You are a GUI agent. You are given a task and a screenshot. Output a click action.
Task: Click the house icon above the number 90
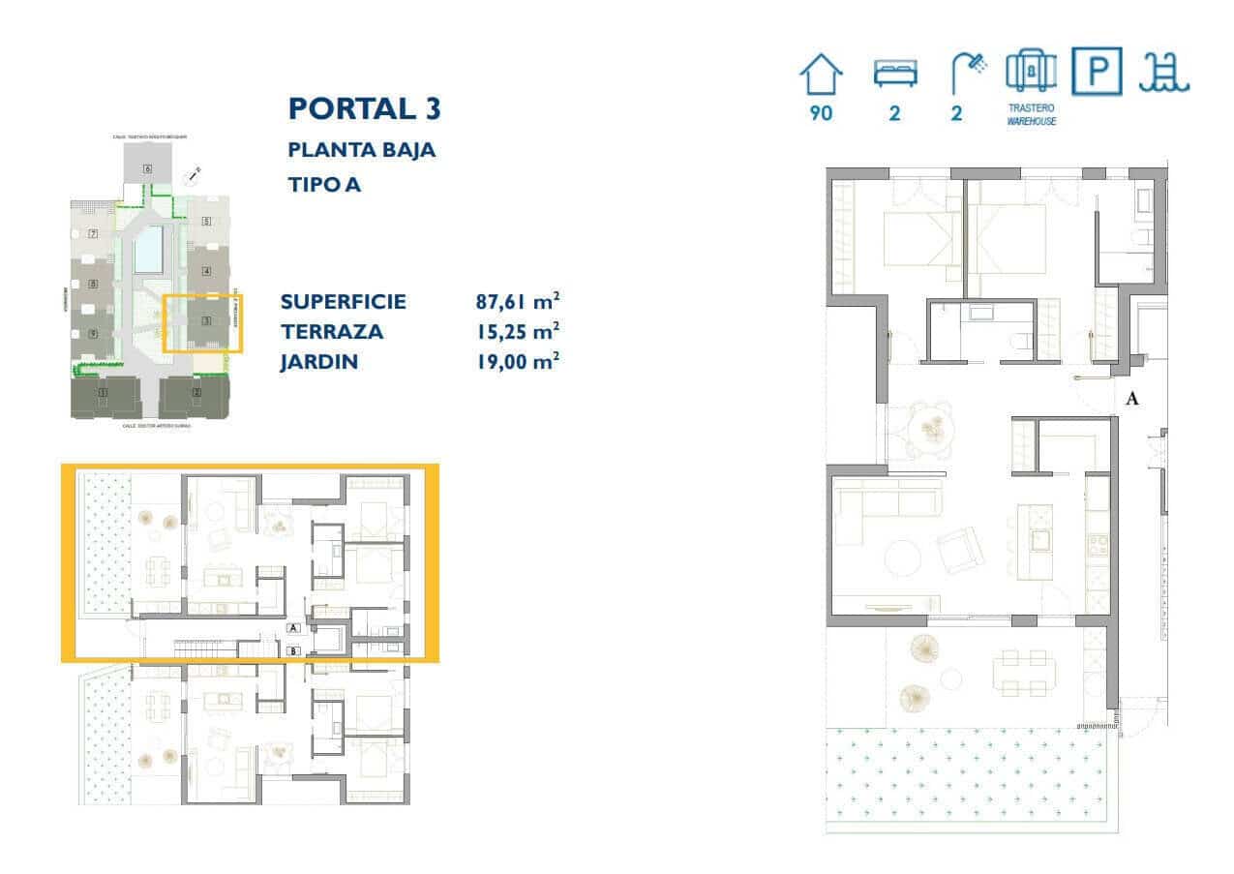(x=821, y=75)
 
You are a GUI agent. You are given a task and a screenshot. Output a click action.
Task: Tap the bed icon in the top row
(x=894, y=75)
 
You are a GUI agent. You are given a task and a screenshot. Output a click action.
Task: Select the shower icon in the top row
(x=967, y=73)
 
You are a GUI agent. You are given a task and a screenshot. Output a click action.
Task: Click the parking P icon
(x=1098, y=73)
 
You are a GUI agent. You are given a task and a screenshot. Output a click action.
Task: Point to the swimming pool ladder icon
(x=1164, y=73)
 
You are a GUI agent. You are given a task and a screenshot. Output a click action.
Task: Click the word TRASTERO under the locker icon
(x=1031, y=108)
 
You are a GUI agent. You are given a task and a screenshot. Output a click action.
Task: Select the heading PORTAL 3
(x=364, y=108)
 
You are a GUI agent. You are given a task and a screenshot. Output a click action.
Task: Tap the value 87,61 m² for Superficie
(x=518, y=301)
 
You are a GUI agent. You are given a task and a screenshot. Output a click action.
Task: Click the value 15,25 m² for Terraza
(x=518, y=332)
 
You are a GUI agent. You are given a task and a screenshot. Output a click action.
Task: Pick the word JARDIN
(x=319, y=363)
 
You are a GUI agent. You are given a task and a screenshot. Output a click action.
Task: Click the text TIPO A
(x=324, y=184)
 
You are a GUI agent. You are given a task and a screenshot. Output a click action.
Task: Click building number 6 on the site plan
(x=147, y=168)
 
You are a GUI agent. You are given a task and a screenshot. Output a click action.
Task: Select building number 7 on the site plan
(x=93, y=233)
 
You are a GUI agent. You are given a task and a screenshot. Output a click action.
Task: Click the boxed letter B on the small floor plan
(x=293, y=650)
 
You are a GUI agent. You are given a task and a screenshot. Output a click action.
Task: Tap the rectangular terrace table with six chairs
(x=1023, y=671)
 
